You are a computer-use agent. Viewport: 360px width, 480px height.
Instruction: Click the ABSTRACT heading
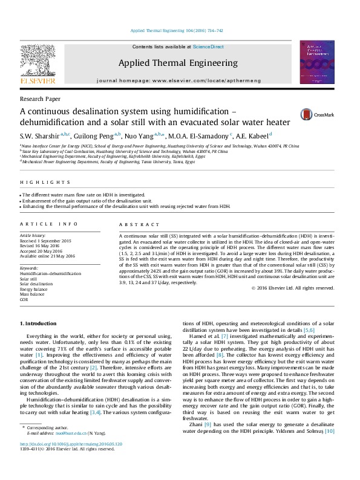pyautogui.click(x=134, y=224)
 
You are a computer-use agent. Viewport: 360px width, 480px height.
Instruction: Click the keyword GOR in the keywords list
pyautogui.click(x=24, y=300)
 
